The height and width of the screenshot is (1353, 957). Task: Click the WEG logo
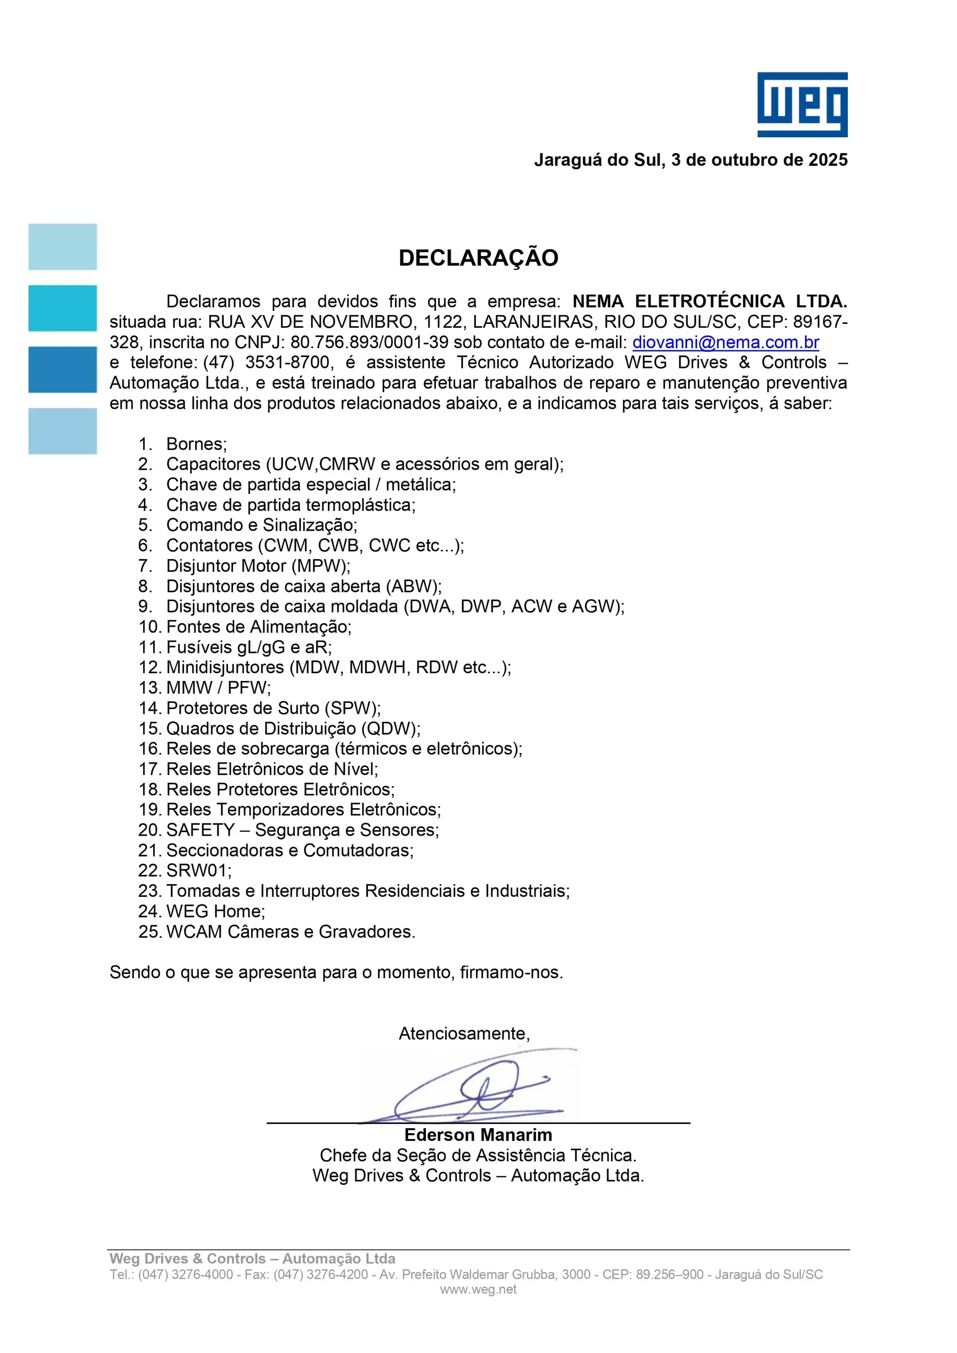(x=802, y=104)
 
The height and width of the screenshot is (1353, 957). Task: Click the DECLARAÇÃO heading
(x=478, y=257)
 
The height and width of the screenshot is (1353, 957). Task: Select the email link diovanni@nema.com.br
(x=726, y=342)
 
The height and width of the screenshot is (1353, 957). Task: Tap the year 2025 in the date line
(x=828, y=160)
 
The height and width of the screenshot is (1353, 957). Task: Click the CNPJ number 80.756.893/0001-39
(x=369, y=342)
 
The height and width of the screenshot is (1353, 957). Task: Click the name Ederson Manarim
(x=478, y=1134)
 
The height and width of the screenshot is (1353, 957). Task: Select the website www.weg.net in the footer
(x=478, y=1289)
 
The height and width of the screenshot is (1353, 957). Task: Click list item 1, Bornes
(x=196, y=443)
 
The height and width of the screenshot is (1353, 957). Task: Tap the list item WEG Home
(x=215, y=911)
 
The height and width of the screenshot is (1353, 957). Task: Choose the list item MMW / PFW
(x=218, y=688)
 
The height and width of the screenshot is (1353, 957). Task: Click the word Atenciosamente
(x=464, y=1033)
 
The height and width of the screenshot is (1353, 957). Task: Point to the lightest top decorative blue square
(x=62, y=246)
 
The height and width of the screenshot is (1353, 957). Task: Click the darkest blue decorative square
(x=62, y=370)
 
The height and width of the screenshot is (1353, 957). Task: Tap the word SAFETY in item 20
(x=201, y=830)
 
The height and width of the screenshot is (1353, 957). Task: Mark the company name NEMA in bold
(x=598, y=301)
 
